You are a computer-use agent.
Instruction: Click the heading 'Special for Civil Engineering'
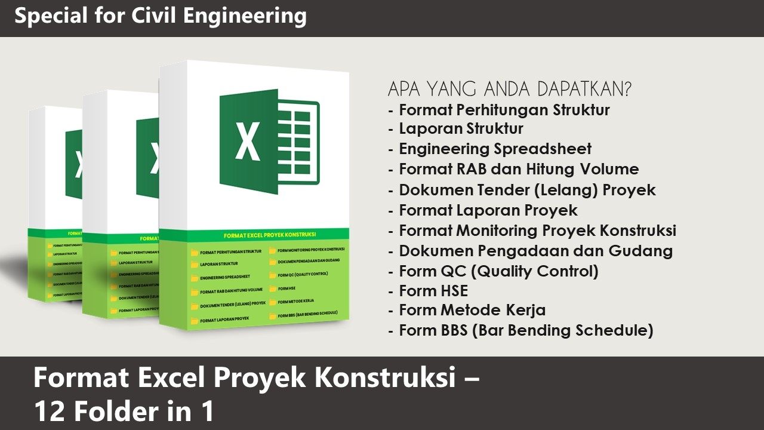[161, 16]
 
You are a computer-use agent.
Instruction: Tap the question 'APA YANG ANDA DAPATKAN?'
[510, 90]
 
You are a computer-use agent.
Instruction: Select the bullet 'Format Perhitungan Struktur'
[504, 110]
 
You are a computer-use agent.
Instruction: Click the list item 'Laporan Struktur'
[461, 129]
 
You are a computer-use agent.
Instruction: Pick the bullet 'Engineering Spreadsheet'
[495, 149]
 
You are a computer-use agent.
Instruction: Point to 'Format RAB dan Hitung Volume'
[519, 169]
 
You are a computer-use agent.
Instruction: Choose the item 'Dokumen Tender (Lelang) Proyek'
[527, 190]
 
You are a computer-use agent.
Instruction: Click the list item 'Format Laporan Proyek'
[488, 210]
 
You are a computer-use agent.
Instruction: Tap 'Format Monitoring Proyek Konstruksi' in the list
[537, 230]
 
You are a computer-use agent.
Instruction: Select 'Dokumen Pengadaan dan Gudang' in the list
[535, 251]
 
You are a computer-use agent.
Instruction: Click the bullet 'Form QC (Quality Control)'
[498, 271]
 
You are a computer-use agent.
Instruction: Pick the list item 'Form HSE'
[433, 291]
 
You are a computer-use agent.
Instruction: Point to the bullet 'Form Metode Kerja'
[472, 311]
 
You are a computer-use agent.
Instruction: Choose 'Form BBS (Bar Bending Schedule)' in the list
[526, 330]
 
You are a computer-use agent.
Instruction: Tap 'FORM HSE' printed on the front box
[287, 288]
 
